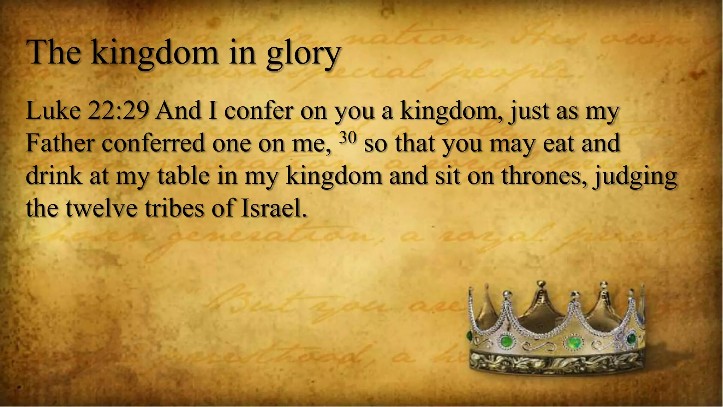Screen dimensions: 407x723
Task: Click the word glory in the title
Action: (x=303, y=54)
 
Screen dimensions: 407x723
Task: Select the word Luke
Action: (x=53, y=111)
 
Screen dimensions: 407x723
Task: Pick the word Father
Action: (x=60, y=143)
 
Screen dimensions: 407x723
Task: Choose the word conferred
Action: (x=154, y=143)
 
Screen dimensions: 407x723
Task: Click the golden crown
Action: (x=556, y=329)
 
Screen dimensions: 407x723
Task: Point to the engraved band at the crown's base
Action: (x=556, y=362)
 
